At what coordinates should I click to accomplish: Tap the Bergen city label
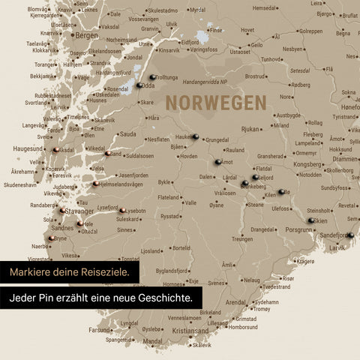(87, 35)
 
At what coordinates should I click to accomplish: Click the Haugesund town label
(28, 148)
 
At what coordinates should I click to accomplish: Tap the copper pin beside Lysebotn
(122, 210)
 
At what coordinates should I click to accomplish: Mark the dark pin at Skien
(310, 221)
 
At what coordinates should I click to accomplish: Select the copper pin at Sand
(107, 154)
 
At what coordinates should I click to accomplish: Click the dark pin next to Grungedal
(196, 137)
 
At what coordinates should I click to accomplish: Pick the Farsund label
(100, 329)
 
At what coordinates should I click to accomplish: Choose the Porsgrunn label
(299, 230)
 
